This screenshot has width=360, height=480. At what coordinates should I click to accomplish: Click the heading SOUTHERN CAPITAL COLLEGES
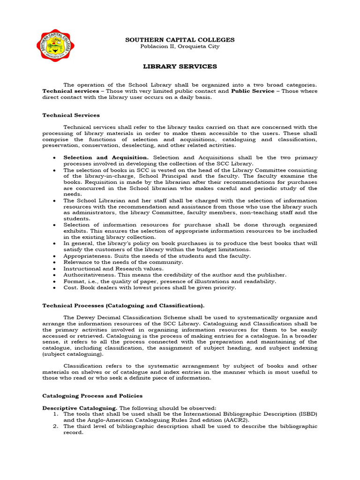tap(180, 40)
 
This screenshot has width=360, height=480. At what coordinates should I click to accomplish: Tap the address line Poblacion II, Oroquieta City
tap(180, 46)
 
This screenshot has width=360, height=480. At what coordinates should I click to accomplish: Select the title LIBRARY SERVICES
tap(180, 67)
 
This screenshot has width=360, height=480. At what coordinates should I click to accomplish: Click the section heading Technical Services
tap(71, 115)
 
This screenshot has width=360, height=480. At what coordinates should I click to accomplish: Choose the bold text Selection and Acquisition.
tap(106, 157)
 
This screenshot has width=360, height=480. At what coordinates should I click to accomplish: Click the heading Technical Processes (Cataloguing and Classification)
tap(123, 305)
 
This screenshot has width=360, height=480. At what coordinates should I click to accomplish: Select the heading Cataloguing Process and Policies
tap(92, 396)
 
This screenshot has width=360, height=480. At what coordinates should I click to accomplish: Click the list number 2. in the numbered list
tap(55, 427)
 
